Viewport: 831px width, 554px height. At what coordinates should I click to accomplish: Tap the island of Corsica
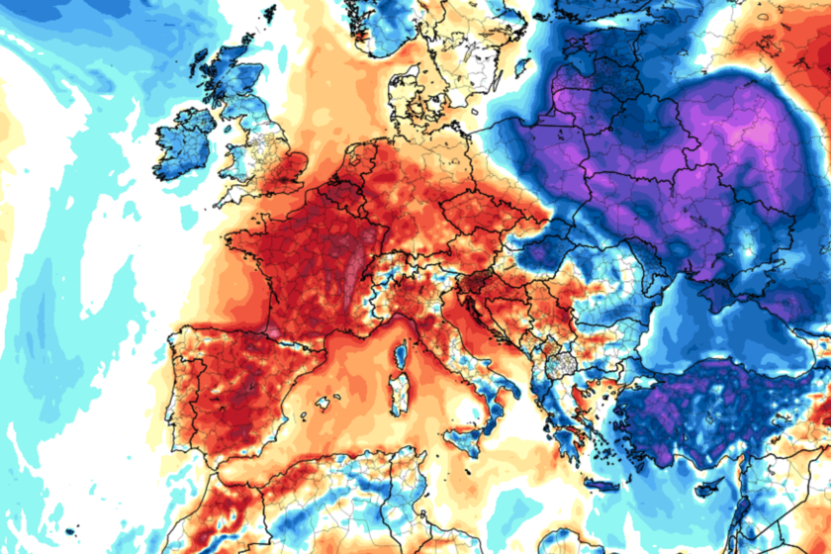coord(403,355)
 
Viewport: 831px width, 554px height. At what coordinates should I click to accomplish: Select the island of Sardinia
coord(399,396)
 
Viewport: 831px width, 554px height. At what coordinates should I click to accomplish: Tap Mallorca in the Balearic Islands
coord(323,403)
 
